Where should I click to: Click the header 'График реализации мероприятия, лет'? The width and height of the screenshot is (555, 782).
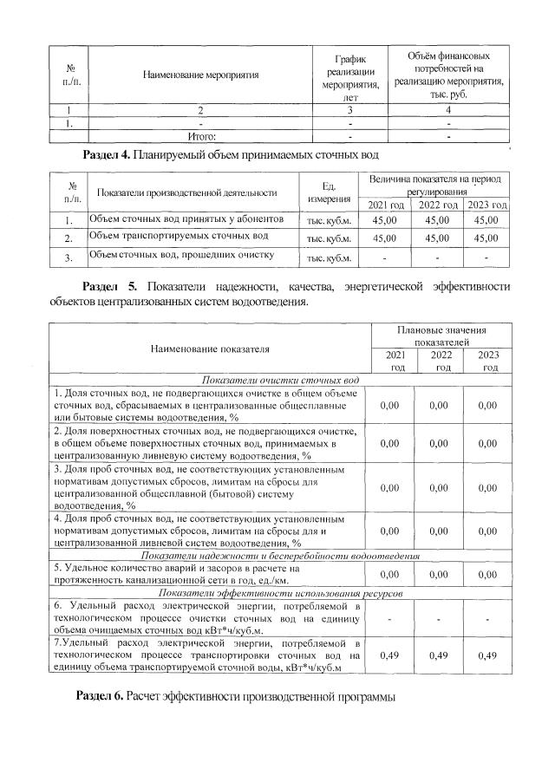tap(350, 75)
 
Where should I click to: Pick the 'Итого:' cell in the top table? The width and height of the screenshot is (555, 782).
tap(201, 136)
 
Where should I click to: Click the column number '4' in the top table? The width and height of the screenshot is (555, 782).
tap(448, 110)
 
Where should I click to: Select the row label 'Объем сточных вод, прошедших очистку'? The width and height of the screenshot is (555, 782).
tap(183, 256)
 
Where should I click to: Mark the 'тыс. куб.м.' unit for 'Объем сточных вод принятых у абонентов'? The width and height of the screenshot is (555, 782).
tap(328, 221)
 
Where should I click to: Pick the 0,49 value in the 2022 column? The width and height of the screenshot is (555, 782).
tap(441, 654)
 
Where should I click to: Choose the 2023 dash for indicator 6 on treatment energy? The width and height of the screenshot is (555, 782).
tap(489, 617)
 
